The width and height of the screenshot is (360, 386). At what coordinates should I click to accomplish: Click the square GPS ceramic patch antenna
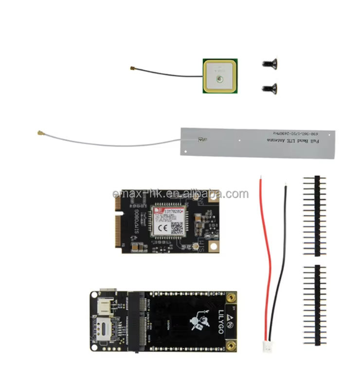220,76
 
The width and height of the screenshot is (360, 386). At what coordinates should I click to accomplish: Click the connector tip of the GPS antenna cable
132,69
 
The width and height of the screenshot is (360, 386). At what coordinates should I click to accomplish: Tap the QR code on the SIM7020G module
177,227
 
